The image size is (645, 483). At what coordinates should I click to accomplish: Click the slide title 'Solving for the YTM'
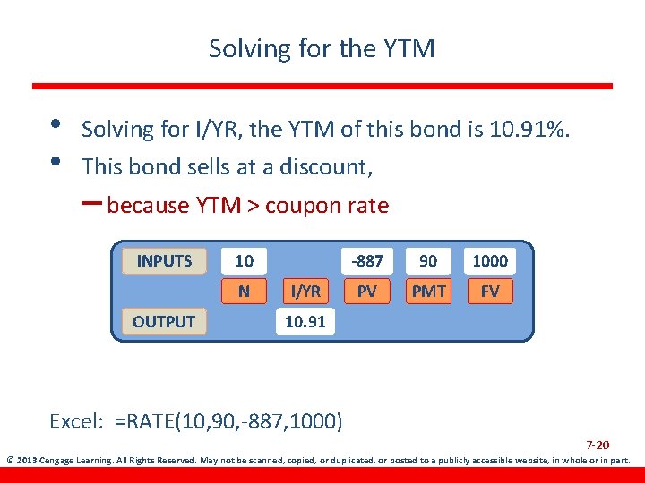pos(322,48)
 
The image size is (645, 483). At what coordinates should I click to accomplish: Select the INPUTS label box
pos(164,261)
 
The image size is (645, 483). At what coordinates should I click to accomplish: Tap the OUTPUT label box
pos(164,321)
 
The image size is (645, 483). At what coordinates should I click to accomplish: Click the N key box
pos(244,291)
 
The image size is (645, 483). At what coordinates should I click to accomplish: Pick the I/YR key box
pos(305,291)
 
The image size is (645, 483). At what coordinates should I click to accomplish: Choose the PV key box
pos(366,291)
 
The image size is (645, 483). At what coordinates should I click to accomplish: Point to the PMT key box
pos(428,291)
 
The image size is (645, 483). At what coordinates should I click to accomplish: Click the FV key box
pos(489,291)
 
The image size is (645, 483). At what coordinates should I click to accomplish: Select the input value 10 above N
pos(244,261)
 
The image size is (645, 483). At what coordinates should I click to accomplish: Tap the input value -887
pos(366,261)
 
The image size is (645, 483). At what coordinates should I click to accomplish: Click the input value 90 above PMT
pos(428,261)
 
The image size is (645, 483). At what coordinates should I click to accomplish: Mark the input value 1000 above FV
pos(489,261)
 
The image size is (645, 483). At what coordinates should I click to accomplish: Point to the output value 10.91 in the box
pos(305,321)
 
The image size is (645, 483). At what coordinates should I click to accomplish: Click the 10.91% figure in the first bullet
pos(529,130)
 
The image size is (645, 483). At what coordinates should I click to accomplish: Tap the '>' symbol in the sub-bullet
pos(254,207)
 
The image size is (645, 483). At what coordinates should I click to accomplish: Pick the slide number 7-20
pos(598,445)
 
